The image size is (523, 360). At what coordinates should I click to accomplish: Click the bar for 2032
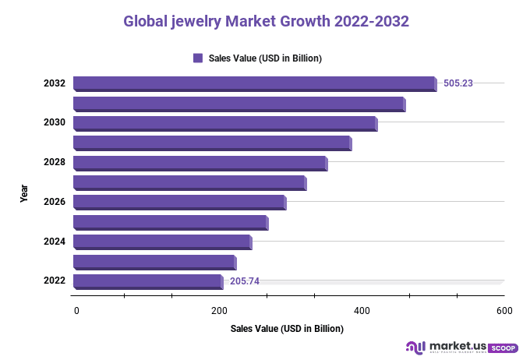tap(254, 83)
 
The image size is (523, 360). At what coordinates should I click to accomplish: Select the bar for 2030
tap(224, 123)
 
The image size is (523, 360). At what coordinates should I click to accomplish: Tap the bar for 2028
tap(200, 163)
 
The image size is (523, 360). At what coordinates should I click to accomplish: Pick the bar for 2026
tap(179, 202)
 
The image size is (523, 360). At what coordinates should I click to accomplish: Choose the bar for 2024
tap(162, 242)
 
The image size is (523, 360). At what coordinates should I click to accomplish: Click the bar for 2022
tap(148, 281)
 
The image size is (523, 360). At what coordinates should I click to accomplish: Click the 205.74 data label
tap(245, 281)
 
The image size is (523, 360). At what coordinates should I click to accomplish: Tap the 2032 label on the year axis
tap(54, 83)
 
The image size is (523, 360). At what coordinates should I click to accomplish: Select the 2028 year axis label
tap(54, 163)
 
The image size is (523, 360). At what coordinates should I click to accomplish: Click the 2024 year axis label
tap(54, 242)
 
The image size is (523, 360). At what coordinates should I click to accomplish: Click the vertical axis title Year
tap(25, 193)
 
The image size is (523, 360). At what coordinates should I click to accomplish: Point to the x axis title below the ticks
tap(287, 329)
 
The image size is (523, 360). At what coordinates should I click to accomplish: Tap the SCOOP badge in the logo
tap(503, 348)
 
